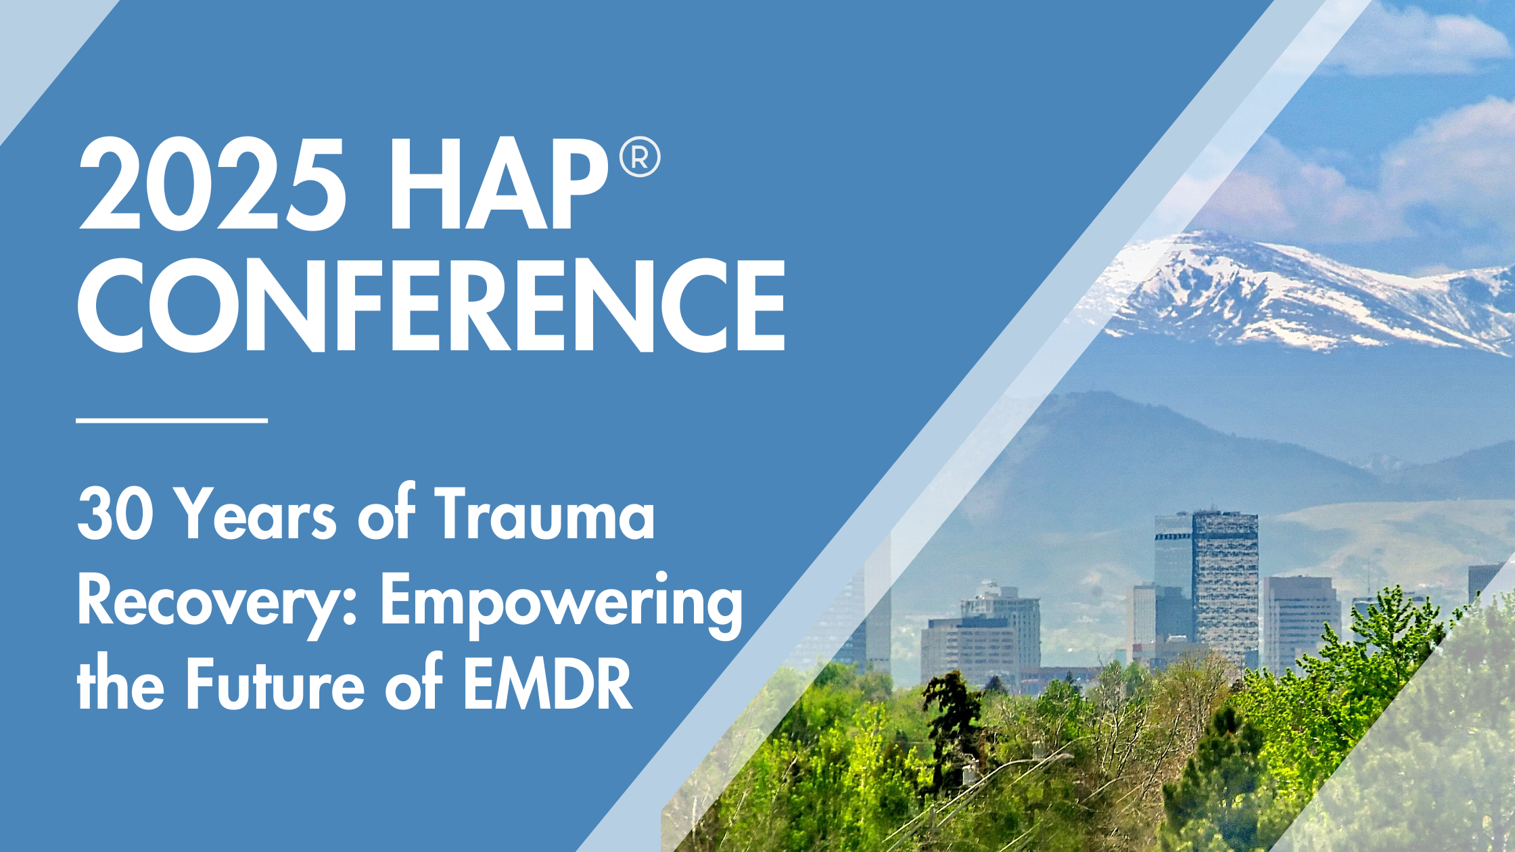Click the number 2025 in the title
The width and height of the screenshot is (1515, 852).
[212, 184]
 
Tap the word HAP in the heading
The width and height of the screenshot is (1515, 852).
[498, 184]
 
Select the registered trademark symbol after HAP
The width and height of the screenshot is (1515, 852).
[640, 157]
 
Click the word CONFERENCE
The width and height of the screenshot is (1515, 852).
[432, 305]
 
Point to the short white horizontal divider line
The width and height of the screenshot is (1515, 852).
[172, 420]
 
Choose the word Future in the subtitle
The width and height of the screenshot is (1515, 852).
[275, 683]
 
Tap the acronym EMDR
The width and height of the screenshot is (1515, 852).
[547, 683]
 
